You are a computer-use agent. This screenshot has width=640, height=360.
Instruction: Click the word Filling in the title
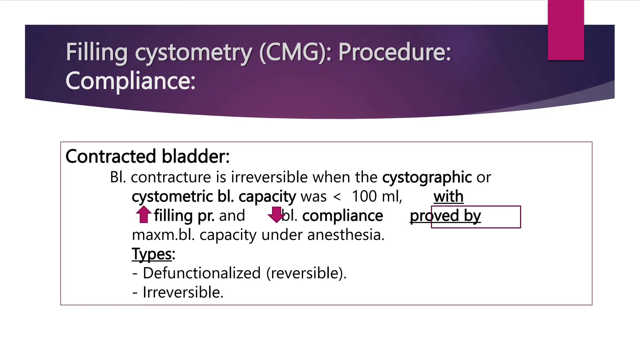(x=97, y=52)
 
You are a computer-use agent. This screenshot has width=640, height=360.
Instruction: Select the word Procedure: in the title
(x=395, y=52)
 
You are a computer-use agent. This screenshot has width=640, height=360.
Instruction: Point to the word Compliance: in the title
(x=130, y=81)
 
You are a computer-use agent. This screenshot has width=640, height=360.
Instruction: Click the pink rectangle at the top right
(x=566, y=30)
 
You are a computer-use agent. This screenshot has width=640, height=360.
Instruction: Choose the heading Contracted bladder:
(x=147, y=156)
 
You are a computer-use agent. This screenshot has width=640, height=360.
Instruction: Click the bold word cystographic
(x=427, y=177)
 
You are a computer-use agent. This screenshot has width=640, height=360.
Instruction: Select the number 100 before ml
(x=364, y=197)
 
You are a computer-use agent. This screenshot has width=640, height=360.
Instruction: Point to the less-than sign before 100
(x=337, y=197)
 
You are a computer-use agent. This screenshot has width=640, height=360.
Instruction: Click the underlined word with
(x=448, y=197)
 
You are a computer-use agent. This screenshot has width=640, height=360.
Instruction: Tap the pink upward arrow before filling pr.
(x=144, y=214)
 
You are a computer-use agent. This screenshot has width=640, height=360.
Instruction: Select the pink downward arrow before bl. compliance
(x=276, y=215)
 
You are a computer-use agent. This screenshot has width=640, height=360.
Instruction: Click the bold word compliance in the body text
(x=342, y=216)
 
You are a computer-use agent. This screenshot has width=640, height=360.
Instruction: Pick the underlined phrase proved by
(x=445, y=216)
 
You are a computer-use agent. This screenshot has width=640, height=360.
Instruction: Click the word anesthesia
(x=346, y=235)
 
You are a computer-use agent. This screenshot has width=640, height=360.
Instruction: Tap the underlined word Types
(x=152, y=254)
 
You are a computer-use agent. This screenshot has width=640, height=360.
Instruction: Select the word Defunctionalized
(x=202, y=273)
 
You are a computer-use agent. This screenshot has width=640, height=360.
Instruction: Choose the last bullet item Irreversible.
(x=183, y=292)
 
